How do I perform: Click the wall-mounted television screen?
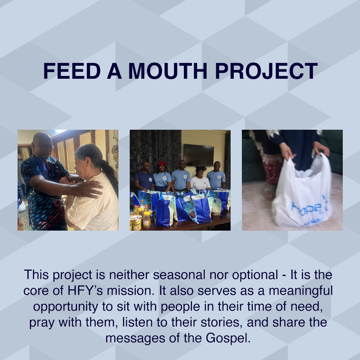click(x=198, y=155)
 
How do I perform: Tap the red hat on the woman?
click(x=162, y=163)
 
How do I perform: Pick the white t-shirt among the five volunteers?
click(x=200, y=183)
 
